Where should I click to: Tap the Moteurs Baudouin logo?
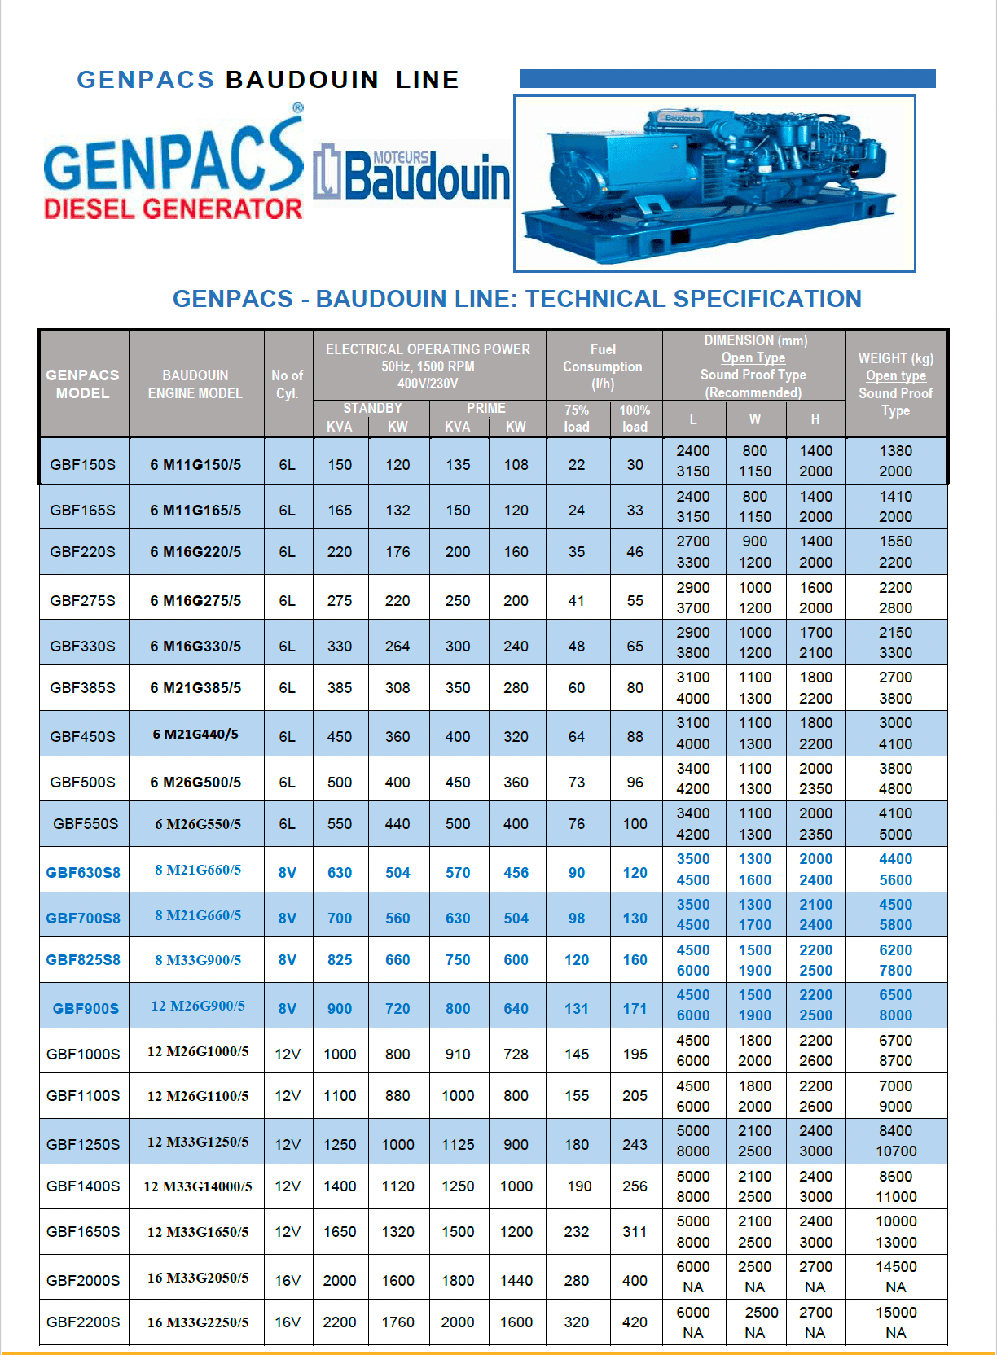[x=412, y=173]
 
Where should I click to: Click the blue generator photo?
[x=714, y=184]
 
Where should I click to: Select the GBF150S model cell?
[x=83, y=464]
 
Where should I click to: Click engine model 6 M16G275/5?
[x=195, y=600]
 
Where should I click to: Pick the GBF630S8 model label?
[x=83, y=872]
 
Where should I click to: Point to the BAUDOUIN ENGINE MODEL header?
[x=195, y=384]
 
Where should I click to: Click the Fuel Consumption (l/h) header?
[x=603, y=366]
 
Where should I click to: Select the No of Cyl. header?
[x=288, y=384]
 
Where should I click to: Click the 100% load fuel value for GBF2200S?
[x=635, y=1322]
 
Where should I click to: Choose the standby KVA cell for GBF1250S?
[x=340, y=1144]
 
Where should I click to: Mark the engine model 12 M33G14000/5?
[x=198, y=1186]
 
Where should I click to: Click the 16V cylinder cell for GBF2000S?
[x=288, y=1280]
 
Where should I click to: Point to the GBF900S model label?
[x=86, y=1008]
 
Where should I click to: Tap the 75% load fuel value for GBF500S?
[x=577, y=782]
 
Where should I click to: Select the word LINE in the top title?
[x=427, y=80]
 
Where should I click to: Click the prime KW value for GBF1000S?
[x=516, y=1054]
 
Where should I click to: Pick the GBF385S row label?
[x=83, y=687]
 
